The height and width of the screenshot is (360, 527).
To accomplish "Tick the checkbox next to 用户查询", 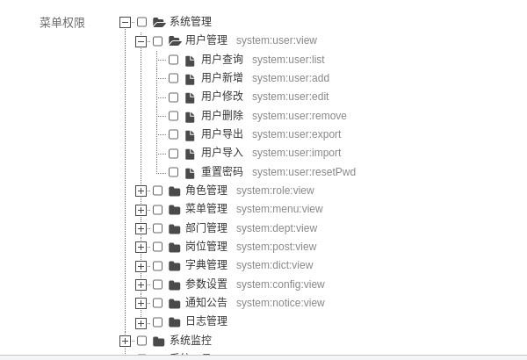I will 173,60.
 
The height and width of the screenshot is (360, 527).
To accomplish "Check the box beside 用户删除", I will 173,116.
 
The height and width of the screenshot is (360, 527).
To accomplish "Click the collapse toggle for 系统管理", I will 125,22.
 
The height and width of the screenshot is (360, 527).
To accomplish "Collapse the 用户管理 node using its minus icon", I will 141,41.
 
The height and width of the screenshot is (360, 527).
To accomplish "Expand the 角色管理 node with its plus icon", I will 141,191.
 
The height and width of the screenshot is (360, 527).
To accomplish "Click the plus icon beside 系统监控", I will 125,341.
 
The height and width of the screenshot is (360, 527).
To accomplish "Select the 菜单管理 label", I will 206,209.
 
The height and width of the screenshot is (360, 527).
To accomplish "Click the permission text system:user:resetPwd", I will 304,172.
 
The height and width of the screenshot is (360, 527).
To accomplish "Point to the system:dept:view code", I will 277,228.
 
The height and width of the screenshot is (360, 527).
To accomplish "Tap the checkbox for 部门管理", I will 157,228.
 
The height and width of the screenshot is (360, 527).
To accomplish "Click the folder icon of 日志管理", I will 174,322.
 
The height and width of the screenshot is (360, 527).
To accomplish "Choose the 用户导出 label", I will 222,134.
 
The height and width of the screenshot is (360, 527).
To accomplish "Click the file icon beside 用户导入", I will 190,154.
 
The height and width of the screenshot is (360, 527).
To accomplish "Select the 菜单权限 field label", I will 62,23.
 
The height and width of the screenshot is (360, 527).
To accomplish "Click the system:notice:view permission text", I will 280,303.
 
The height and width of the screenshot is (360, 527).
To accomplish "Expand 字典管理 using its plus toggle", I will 141,266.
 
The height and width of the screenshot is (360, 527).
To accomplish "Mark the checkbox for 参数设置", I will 157,284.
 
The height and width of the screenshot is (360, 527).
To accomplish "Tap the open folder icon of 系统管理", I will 159,22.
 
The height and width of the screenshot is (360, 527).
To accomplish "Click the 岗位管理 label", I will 206,247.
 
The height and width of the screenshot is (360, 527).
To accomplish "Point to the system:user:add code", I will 291,78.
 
